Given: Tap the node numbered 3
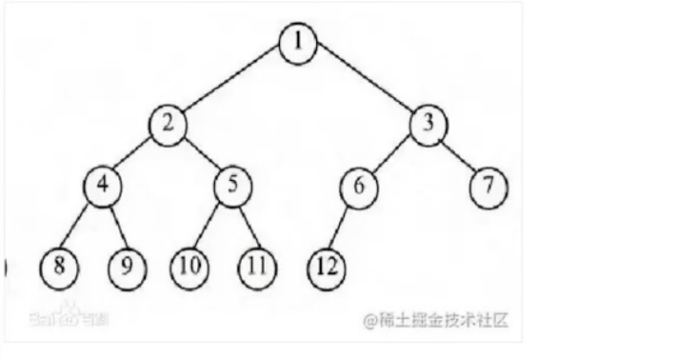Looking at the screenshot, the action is tap(428, 124).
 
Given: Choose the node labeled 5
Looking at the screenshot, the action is tap(231, 184).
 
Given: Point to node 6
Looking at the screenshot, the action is tap(358, 186).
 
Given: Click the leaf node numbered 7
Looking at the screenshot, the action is tap(489, 185).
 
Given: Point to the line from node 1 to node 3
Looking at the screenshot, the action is tap(363, 85).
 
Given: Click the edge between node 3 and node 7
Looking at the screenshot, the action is tap(458, 154).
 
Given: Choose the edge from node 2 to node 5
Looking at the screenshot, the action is tap(199, 154).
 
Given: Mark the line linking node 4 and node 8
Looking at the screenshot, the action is tap(81, 226).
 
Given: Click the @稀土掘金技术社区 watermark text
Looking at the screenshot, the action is tap(435, 319).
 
